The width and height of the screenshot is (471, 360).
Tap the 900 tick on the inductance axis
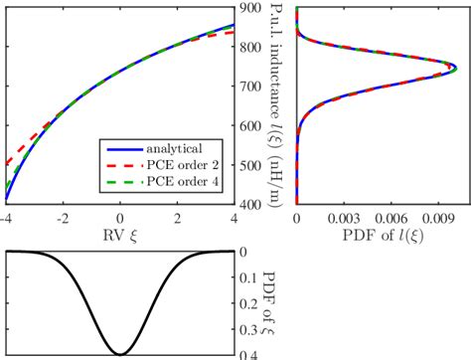[249, 8]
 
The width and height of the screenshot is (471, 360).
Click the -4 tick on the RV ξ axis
[6, 218]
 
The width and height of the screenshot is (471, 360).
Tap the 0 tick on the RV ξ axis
[120, 218]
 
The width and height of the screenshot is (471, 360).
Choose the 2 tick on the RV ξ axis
[177, 218]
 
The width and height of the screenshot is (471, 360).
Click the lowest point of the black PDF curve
[120, 353]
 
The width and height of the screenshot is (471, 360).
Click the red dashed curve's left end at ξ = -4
[7, 163]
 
